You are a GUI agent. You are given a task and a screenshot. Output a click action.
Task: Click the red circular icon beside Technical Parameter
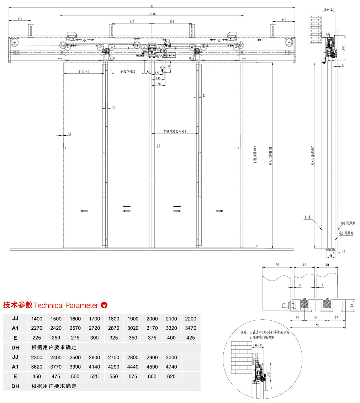(x=104, y=305)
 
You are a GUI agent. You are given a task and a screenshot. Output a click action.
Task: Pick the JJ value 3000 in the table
(x=171, y=357)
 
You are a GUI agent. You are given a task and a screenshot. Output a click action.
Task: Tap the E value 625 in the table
(x=171, y=376)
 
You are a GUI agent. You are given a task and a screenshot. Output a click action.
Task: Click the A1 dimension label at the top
(x=152, y=6)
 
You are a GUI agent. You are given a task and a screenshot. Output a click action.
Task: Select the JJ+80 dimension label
(x=152, y=14)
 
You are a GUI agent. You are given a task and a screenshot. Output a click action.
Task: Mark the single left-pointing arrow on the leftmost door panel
(x=84, y=211)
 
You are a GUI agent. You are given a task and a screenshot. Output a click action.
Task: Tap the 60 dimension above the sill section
(x=277, y=265)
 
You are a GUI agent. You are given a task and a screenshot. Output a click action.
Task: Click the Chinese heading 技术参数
(x=18, y=305)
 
